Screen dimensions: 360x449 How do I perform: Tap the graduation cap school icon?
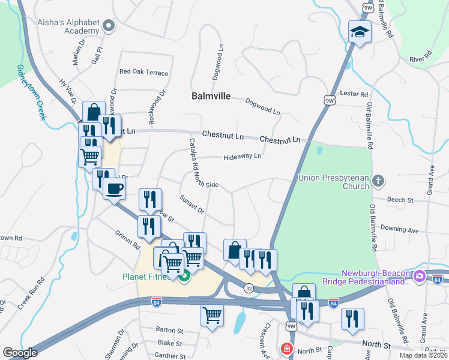click(x=360, y=32)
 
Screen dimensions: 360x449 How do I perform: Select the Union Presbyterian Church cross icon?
click(x=378, y=180)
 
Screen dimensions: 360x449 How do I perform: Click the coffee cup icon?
click(x=113, y=188)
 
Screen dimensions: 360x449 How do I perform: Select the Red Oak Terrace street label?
click(x=143, y=72)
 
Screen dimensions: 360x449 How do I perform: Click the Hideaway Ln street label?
click(x=243, y=156)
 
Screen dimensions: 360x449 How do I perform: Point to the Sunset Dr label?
click(x=192, y=204)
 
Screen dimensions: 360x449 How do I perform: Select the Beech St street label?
click(x=400, y=199)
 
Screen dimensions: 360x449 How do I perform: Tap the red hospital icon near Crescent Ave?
click(x=287, y=348)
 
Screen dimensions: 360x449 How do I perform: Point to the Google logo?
click(x=20, y=353)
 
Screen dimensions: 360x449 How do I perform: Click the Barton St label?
click(x=169, y=330)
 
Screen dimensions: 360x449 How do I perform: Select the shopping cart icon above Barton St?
click(x=212, y=314)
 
